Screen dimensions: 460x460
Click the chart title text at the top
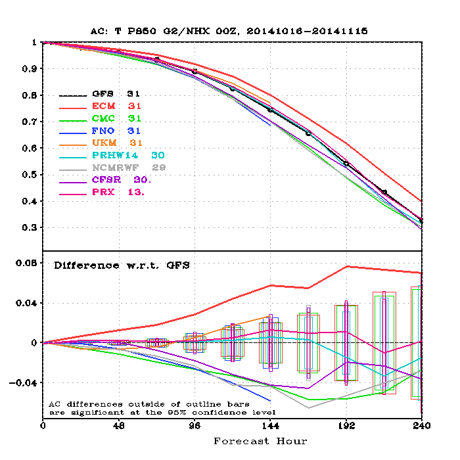point(230,31)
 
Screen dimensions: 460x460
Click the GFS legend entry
point(116,94)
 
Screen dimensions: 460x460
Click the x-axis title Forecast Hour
point(260,441)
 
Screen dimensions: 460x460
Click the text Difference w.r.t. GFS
point(122,265)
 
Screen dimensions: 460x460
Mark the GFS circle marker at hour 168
point(308,133)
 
